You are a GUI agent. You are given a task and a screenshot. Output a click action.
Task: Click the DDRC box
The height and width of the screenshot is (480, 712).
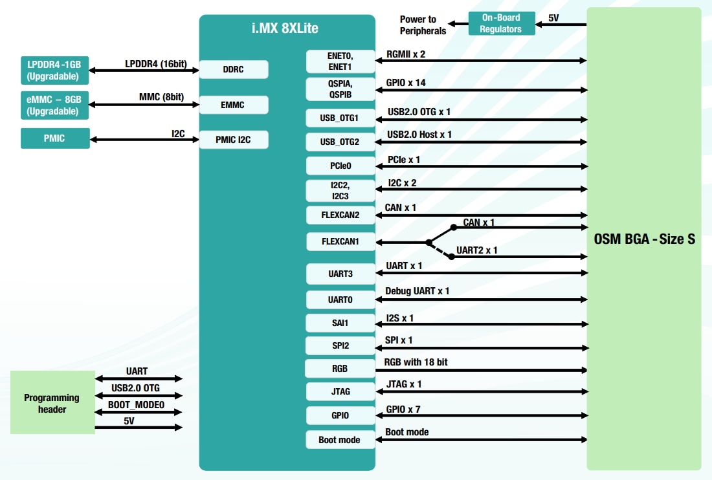(233, 69)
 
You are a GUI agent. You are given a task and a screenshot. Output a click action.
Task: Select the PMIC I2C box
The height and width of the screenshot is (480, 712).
(233, 139)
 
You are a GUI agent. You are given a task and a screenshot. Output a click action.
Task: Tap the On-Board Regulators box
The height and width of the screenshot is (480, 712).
(501, 23)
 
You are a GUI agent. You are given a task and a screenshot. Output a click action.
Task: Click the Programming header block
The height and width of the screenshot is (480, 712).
(52, 402)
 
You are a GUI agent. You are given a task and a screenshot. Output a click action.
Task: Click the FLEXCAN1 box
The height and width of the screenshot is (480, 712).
(340, 242)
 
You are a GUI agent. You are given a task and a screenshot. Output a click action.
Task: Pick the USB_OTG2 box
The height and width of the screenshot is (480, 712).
(340, 142)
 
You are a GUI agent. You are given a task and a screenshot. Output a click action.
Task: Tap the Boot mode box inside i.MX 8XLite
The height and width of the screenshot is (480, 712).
(340, 440)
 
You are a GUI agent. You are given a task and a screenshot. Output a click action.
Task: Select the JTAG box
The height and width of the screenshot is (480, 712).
(340, 391)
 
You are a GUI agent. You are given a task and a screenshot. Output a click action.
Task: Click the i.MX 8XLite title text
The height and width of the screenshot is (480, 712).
(286, 28)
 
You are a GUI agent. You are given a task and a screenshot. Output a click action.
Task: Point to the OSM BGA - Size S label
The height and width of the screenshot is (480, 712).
(644, 239)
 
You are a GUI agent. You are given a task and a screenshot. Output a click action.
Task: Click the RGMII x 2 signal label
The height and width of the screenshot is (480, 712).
(406, 54)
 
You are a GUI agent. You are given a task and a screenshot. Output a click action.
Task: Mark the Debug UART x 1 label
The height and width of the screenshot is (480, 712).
(417, 291)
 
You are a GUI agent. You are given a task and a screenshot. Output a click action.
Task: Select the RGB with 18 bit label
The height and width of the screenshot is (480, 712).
(416, 362)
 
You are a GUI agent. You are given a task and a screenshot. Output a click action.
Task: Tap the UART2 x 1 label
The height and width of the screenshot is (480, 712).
(477, 250)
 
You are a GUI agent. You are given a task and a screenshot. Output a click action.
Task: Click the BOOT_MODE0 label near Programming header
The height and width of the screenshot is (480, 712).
(136, 405)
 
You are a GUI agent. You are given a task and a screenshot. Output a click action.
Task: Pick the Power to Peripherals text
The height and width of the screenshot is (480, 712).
(423, 25)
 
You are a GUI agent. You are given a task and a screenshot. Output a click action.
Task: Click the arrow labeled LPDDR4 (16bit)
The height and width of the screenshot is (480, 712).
(144, 70)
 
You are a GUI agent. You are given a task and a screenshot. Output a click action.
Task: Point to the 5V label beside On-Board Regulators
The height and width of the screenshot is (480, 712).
(553, 18)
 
